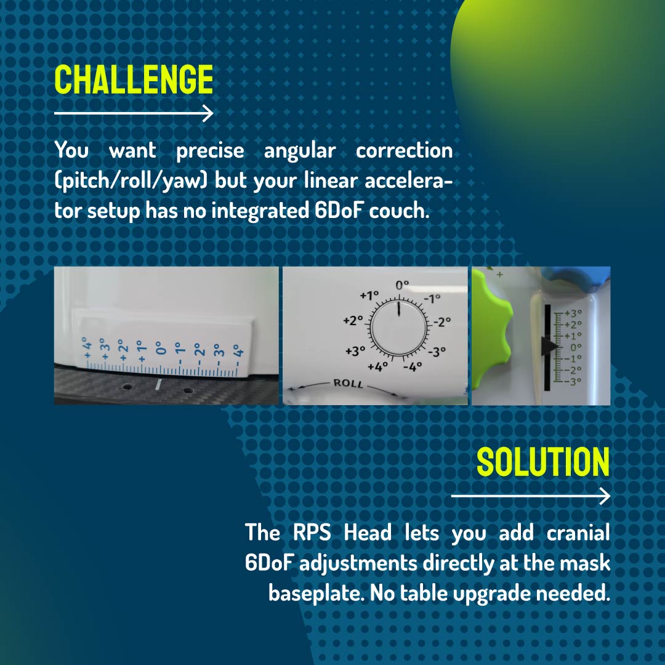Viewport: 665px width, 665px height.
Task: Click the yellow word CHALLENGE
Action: point(134,79)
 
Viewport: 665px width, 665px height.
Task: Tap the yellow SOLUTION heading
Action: point(543,462)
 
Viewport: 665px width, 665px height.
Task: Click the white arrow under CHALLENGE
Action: point(134,114)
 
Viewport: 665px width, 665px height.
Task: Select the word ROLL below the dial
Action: point(348,384)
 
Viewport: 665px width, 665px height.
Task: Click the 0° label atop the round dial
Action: point(401,286)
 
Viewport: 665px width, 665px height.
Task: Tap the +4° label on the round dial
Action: point(377,367)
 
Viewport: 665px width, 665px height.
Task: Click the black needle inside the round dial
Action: point(399,309)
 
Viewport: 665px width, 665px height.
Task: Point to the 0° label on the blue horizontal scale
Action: point(159,347)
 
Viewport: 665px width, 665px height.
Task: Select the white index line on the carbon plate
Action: point(158,384)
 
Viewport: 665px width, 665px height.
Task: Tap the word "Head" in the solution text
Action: point(368,533)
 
